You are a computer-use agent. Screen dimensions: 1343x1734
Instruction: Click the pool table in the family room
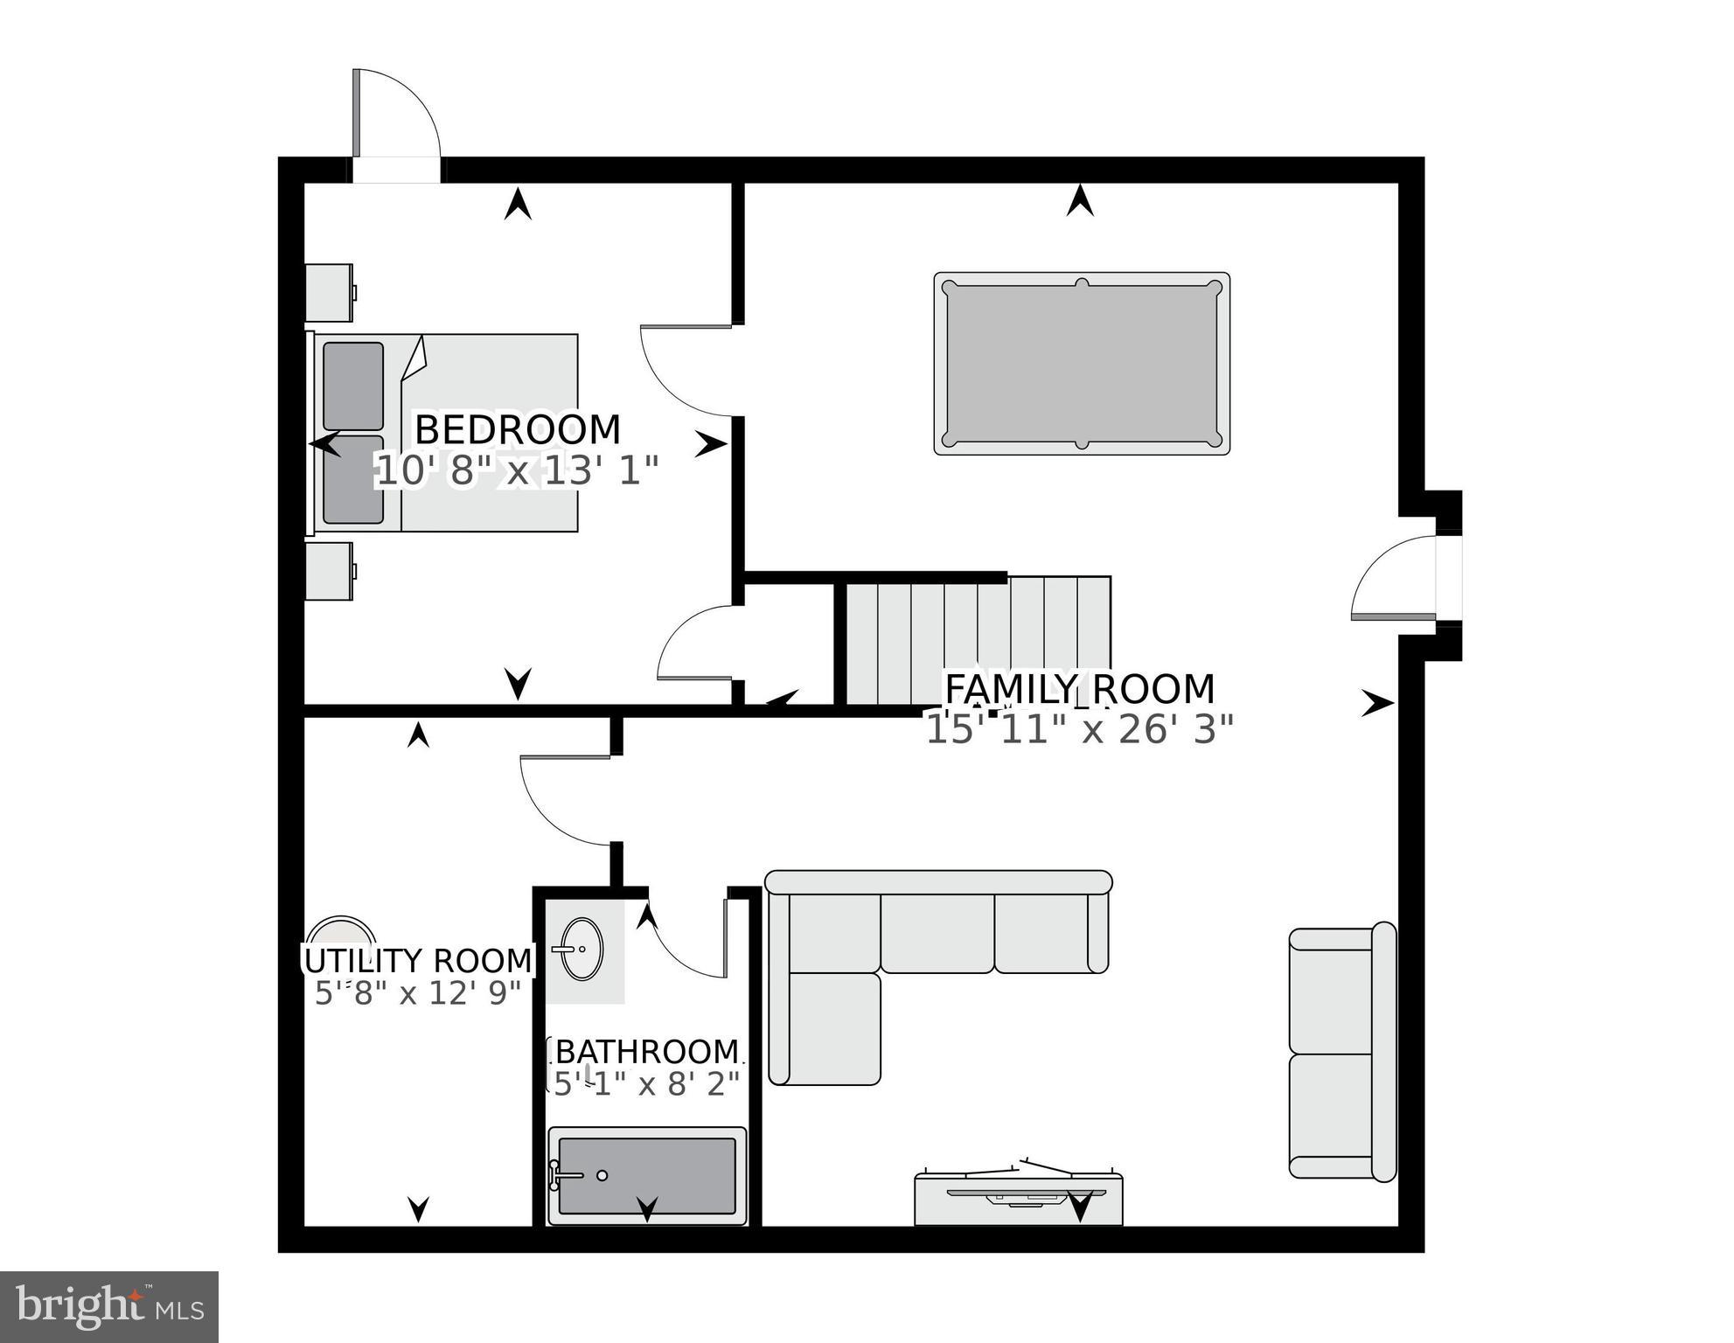[1082, 363]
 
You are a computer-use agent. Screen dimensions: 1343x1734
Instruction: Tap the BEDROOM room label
[518, 430]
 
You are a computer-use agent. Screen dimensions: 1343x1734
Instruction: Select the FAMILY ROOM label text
[1080, 689]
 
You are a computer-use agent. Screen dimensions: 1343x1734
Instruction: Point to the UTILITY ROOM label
[418, 961]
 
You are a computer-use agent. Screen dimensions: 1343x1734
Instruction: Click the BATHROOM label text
[647, 1051]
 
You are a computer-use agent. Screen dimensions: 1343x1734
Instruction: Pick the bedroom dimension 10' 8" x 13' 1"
[517, 471]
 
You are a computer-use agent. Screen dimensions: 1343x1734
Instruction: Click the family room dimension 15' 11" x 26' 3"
[1080, 729]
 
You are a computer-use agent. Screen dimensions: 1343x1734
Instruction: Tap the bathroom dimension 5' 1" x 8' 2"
[647, 1084]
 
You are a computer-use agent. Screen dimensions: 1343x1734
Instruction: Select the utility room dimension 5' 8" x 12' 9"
[418, 993]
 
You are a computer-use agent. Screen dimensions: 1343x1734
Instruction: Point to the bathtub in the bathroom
[647, 1175]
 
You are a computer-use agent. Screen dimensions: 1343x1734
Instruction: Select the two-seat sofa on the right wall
[1342, 1053]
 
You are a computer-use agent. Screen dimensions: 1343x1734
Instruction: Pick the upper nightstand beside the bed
[329, 293]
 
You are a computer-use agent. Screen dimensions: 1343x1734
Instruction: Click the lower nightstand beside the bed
[329, 571]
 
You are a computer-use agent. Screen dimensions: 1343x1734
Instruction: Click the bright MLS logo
[109, 1306]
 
